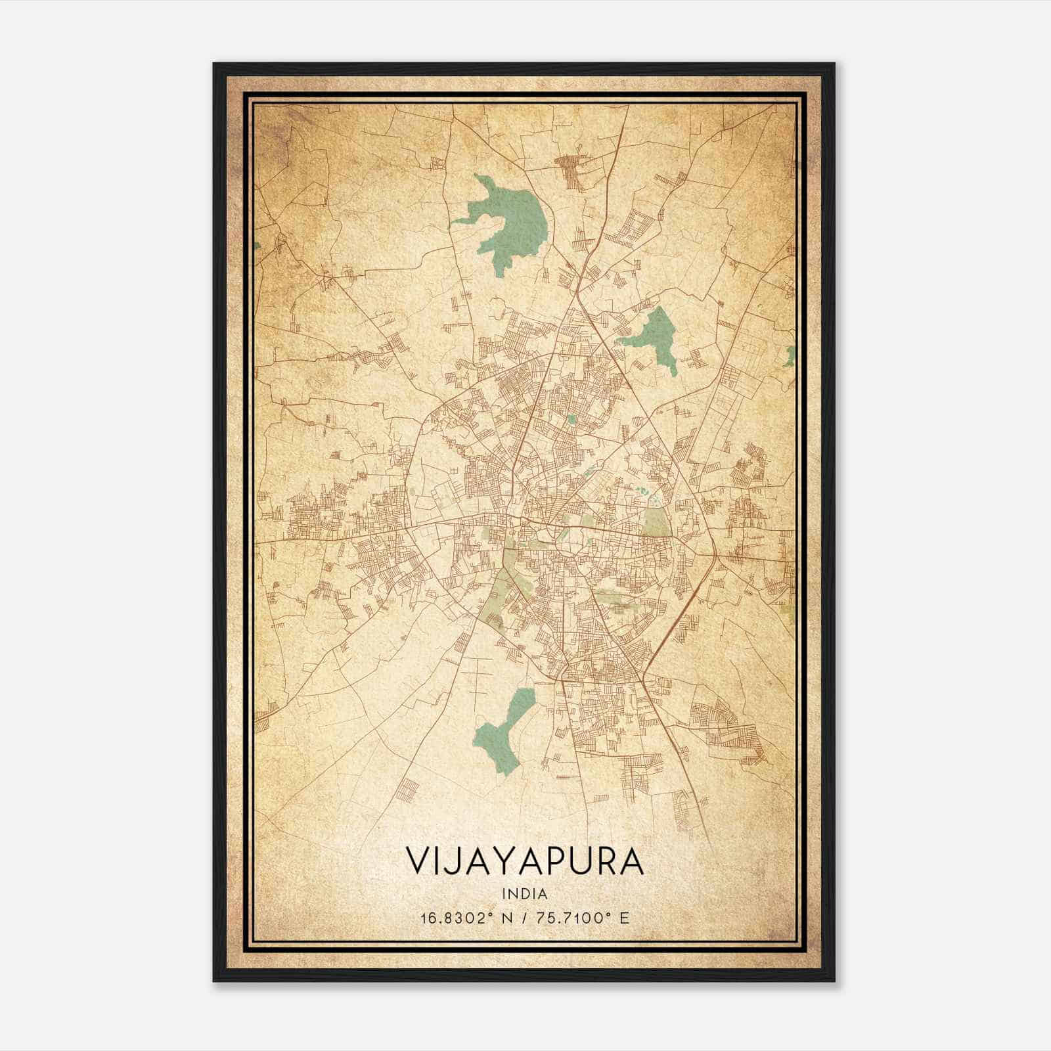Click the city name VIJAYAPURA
click(x=525, y=861)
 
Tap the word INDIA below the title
click(x=525, y=894)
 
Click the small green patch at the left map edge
click(x=256, y=246)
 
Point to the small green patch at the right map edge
click(x=791, y=355)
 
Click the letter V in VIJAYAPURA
click(x=416, y=861)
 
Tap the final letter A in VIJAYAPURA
click(x=632, y=861)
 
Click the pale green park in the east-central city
click(x=654, y=522)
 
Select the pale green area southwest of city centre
click(x=496, y=594)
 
